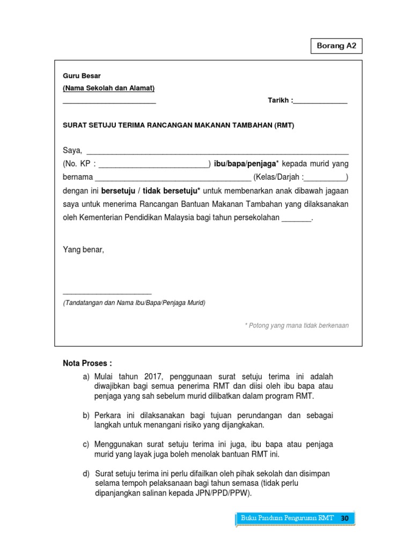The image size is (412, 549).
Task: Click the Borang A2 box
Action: [x=336, y=46]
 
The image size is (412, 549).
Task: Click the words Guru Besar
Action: [x=82, y=76]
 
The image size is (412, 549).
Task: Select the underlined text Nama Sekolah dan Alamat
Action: [x=109, y=88]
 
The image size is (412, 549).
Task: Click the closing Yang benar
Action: [x=84, y=249]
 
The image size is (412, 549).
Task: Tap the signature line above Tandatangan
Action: [x=107, y=293]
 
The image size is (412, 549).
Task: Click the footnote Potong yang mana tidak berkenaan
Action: [x=297, y=325]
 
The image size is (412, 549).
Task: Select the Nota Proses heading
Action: [x=87, y=364]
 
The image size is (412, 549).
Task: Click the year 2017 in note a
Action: [x=153, y=377]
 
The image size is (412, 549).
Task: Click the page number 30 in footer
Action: [x=344, y=518]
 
